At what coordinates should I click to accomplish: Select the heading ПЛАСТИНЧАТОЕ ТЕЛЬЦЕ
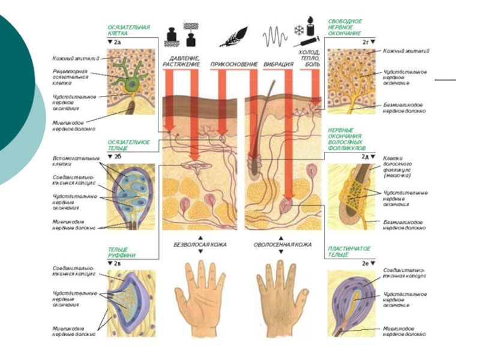(348, 251)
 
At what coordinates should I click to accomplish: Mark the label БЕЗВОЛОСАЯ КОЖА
(200, 245)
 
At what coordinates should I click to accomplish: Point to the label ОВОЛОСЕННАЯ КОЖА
(282, 245)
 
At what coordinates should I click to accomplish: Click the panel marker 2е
(366, 263)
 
